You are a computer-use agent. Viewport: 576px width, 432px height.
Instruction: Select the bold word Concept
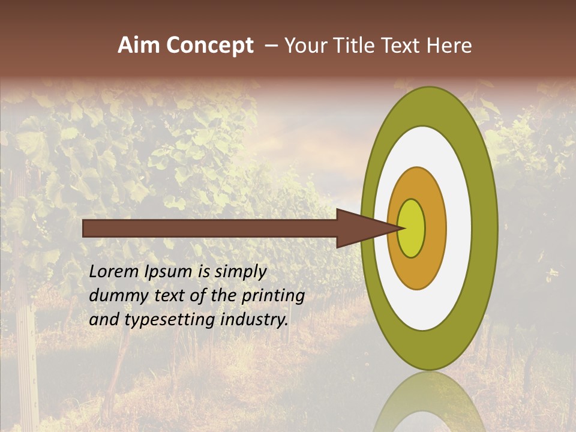tap(209, 46)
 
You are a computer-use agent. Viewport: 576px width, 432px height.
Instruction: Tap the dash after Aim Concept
tap(271, 46)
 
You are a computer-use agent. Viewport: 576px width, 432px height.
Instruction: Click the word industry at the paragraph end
tap(255, 320)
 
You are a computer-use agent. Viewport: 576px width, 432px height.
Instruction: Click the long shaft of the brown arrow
tap(210, 228)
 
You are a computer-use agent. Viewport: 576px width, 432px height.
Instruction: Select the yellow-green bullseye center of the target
tap(411, 228)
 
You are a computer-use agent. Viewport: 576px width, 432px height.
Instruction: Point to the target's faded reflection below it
tap(430, 402)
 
